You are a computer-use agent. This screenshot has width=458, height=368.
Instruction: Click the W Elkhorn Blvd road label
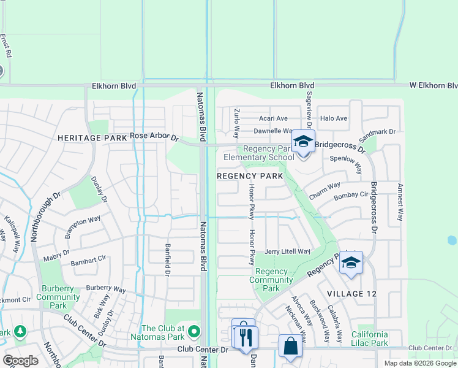tap(426, 85)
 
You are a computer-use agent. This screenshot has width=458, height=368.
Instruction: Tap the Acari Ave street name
tap(273, 118)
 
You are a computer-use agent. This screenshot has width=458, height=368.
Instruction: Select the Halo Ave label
tap(334, 118)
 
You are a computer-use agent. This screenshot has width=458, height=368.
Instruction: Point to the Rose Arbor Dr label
tap(154, 137)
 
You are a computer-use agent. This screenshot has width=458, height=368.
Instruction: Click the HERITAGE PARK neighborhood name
tap(92, 138)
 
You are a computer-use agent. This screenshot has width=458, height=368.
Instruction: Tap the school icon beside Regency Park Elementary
tap(302, 142)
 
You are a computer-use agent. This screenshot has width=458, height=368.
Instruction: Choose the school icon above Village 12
tap(350, 263)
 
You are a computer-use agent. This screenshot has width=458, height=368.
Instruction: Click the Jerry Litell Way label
tap(287, 251)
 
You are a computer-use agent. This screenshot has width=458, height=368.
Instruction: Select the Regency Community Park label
tap(271, 280)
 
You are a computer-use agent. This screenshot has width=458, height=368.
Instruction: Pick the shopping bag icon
tap(290, 346)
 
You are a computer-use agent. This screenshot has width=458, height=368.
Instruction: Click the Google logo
tap(20, 361)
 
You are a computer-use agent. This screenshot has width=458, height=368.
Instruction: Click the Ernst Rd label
tap(6, 46)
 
